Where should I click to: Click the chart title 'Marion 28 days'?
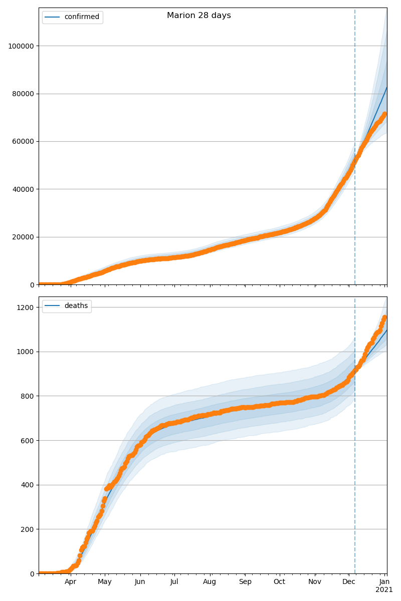coord(198,16)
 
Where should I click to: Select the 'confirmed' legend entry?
coord(82,17)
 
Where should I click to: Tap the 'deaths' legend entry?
coord(76,306)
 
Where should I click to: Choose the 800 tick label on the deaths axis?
coord(27,396)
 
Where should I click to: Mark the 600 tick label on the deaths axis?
coord(27,440)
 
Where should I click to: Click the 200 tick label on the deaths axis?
coord(27,529)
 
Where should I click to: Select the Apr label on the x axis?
coord(70,582)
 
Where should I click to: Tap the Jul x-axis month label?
coord(174,582)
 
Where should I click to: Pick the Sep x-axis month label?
coord(245,582)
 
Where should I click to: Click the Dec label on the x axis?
coord(349,582)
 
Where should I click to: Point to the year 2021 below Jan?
coord(384,590)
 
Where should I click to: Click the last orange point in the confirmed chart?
coord(384,114)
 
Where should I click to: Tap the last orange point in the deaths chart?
coord(384,318)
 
